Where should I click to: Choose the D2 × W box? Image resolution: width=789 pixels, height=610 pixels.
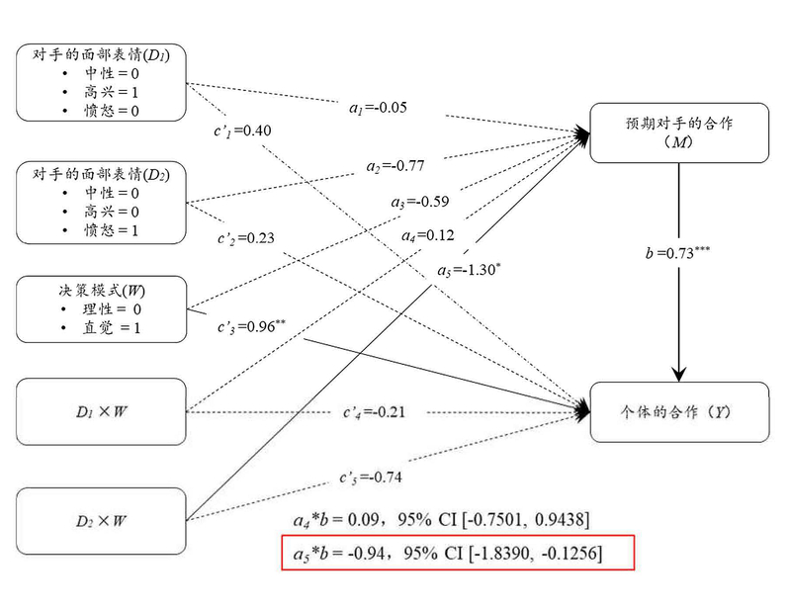[x=100, y=520]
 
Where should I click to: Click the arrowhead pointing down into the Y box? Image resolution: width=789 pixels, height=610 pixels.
[x=678, y=373]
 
